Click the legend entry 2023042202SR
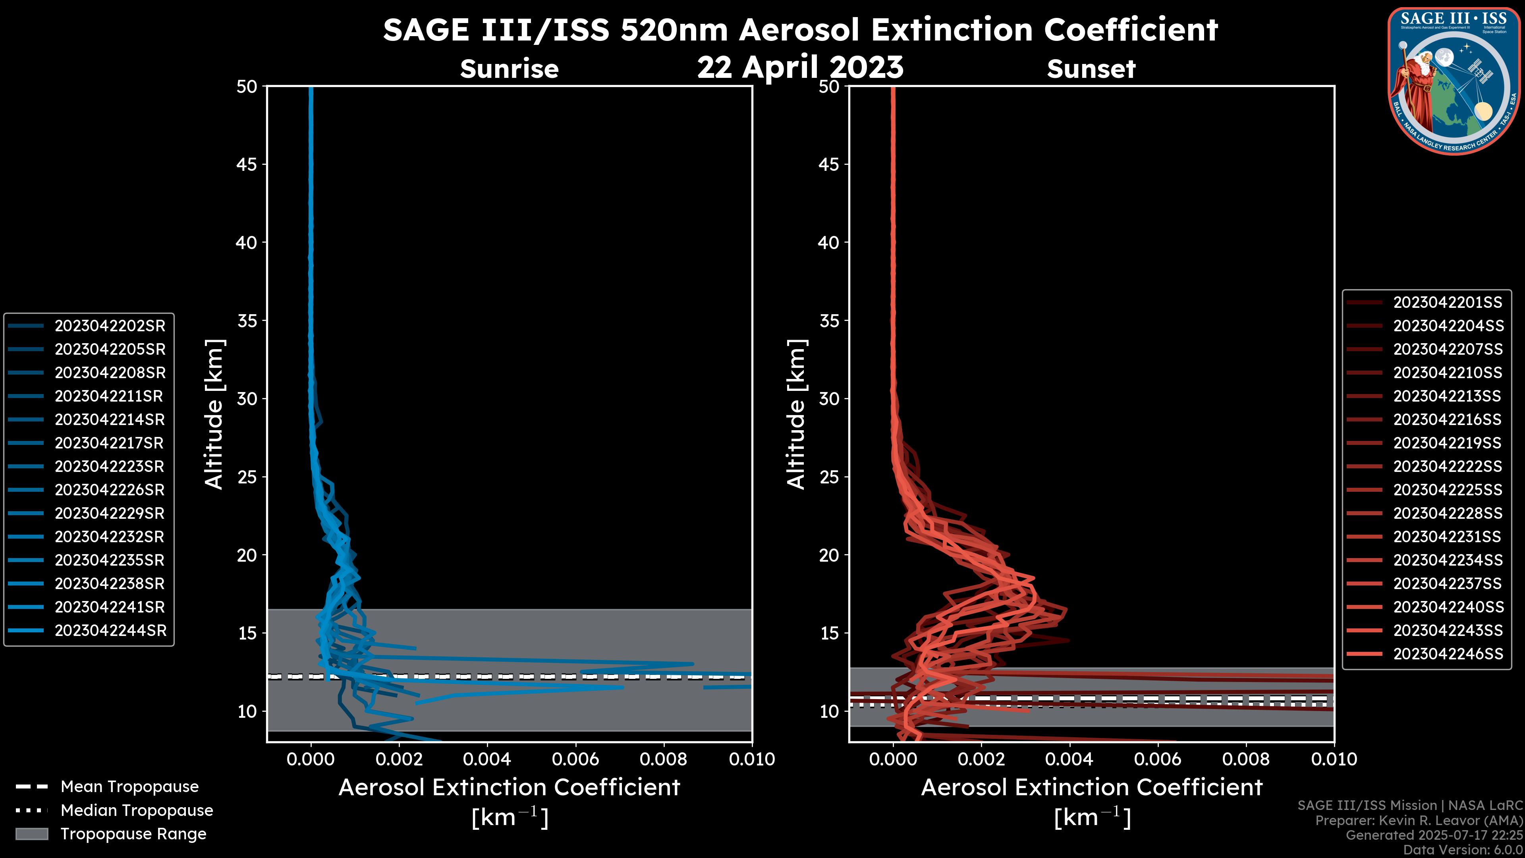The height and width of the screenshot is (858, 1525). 110,326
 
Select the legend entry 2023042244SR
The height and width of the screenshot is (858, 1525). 110,631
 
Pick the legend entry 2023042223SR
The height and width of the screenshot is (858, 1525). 110,467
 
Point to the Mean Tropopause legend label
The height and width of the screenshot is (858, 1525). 129,786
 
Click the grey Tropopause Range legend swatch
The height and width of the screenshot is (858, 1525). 31,834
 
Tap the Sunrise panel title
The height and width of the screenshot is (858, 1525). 509,69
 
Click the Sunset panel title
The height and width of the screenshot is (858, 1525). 1091,69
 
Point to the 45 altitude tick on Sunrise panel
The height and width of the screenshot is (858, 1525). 246,164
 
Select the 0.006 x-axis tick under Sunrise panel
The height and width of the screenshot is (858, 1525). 575,759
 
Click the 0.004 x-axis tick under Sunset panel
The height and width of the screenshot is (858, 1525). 1069,759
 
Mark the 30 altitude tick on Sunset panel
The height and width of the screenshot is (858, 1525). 829,398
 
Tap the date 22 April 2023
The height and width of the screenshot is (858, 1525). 800,67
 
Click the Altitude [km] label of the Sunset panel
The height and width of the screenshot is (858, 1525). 796,414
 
